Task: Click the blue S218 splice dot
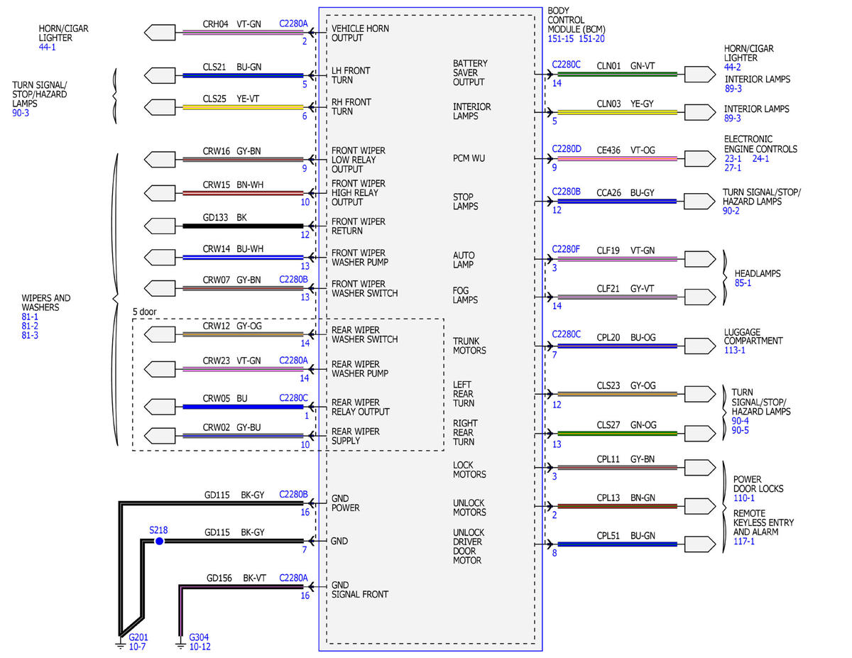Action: (x=159, y=541)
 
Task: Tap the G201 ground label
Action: (x=138, y=637)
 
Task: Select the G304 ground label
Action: (x=199, y=637)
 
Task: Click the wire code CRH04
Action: (x=215, y=24)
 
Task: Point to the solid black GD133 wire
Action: (x=243, y=226)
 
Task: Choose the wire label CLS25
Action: (x=214, y=99)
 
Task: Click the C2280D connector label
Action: (x=566, y=149)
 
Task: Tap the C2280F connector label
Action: (x=565, y=249)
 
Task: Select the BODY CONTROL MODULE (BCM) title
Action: (x=577, y=20)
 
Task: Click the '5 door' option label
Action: (x=144, y=312)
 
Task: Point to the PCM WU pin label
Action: (x=469, y=158)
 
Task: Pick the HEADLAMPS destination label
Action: (x=758, y=273)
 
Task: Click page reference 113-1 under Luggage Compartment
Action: (x=734, y=350)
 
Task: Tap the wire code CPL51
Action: (x=608, y=536)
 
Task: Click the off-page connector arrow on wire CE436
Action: (x=700, y=159)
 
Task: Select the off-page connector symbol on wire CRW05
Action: (x=160, y=407)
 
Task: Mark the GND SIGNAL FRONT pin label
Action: (x=359, y=589)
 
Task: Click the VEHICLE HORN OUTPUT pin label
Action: (x=360, y=33)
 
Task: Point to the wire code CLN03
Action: (x=608, y=104)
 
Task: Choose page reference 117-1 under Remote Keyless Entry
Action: (x=744, y=541)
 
